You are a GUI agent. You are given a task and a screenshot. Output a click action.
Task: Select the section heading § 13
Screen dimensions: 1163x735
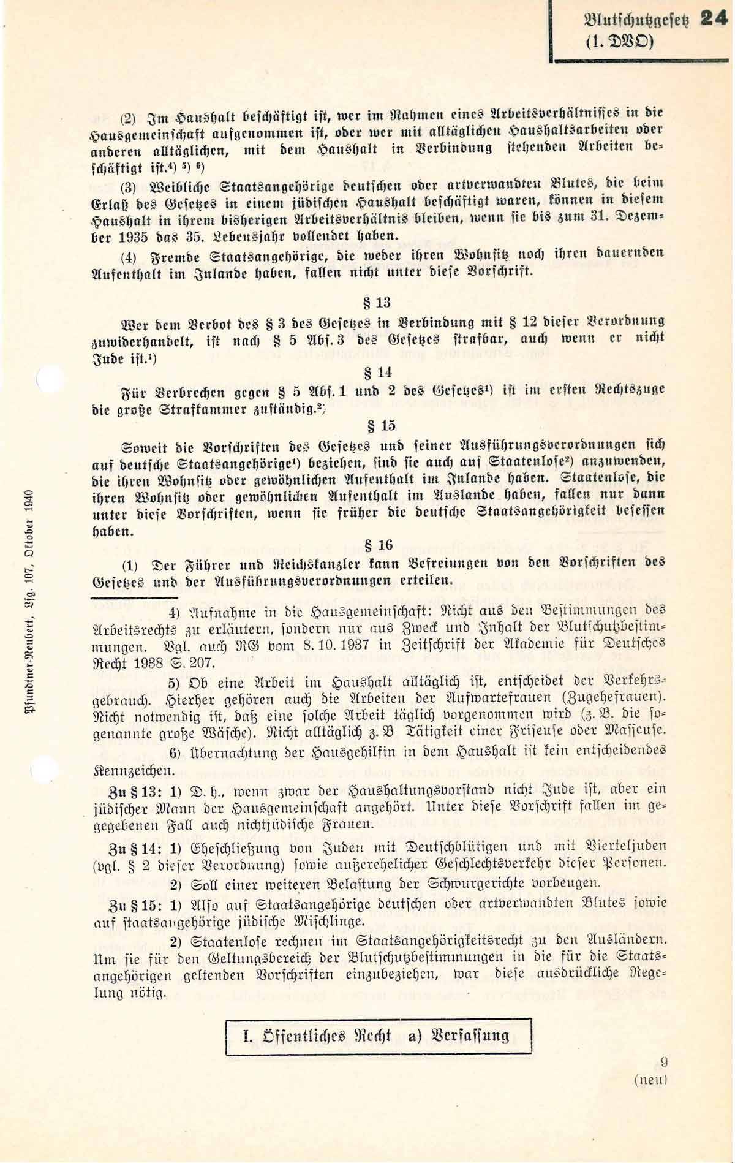[377, 302]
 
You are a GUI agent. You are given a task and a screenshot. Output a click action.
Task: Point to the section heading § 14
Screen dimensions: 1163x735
[377, 373]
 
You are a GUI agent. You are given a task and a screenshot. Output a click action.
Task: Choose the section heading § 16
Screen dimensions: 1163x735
[378, 544]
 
